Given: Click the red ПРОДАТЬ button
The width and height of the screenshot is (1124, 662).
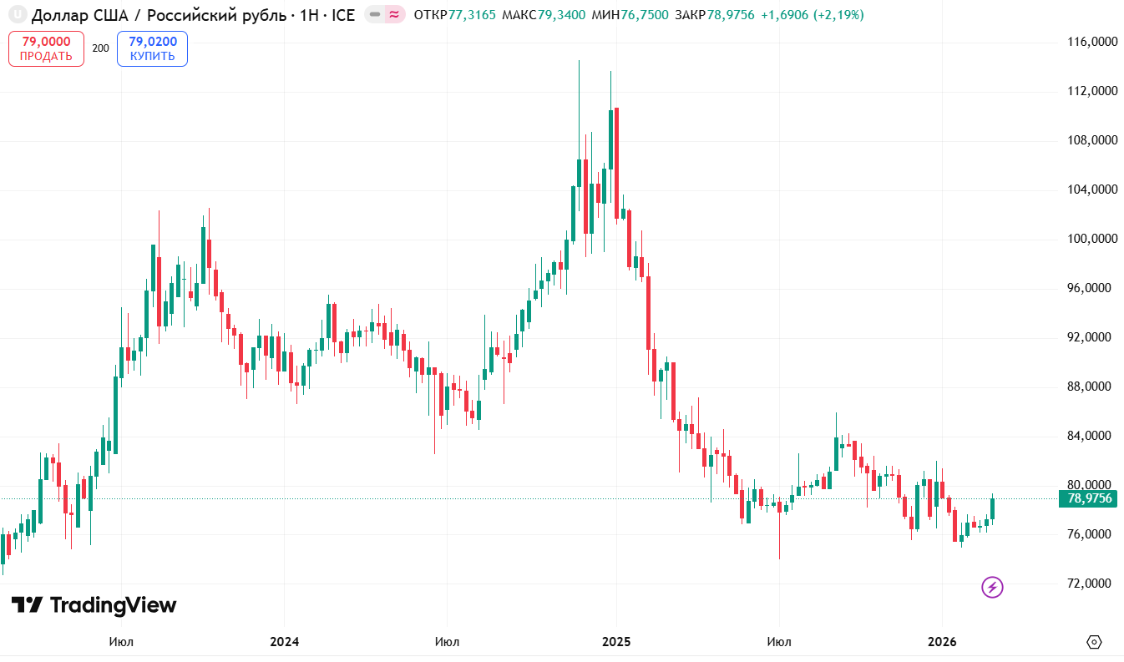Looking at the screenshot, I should [x=46, y=48].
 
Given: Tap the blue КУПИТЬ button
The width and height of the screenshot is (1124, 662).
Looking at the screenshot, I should [x=152, y=48].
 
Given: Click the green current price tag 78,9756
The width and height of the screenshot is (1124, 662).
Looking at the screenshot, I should [x=1090, y=498].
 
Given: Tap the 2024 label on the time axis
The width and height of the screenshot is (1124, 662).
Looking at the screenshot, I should [x=284, y=642].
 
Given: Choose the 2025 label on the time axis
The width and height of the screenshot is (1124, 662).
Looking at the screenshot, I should [x=616, y=642].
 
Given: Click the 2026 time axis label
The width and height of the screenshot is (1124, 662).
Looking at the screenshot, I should [x=942, y=642].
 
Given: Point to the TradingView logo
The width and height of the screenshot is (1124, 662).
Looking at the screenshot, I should [x=94, y=605].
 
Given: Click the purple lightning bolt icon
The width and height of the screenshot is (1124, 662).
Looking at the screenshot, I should [x=992, y=587].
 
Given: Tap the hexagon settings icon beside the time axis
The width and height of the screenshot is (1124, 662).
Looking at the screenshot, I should [x=1094, y=642].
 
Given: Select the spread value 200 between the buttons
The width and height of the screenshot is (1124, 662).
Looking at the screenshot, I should [x=100, y=48].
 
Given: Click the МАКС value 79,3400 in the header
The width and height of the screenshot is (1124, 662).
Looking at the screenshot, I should [x=562, y=15].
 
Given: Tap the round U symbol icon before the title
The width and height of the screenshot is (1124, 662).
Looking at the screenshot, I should [x=14, y=15].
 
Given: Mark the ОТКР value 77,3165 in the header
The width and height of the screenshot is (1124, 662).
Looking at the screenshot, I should [x=472, y=15].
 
